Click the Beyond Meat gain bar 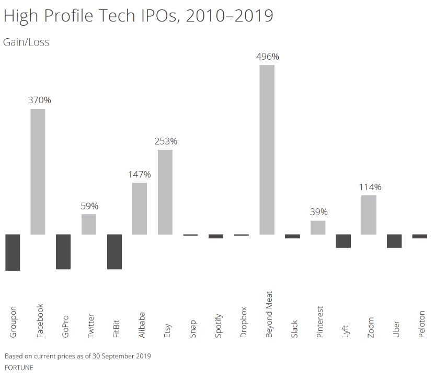(267, 149)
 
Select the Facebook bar (38, 171)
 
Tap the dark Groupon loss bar (13, 252)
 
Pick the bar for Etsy (165, 192)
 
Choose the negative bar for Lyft (343, 241)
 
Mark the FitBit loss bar (115, 251)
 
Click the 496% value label (267, 57)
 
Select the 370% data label (39, 100)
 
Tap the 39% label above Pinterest (318, 212)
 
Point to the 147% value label (140, 174)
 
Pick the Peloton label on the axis (422, 324)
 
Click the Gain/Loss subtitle (26, 42)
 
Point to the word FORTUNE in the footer (19, 368)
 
